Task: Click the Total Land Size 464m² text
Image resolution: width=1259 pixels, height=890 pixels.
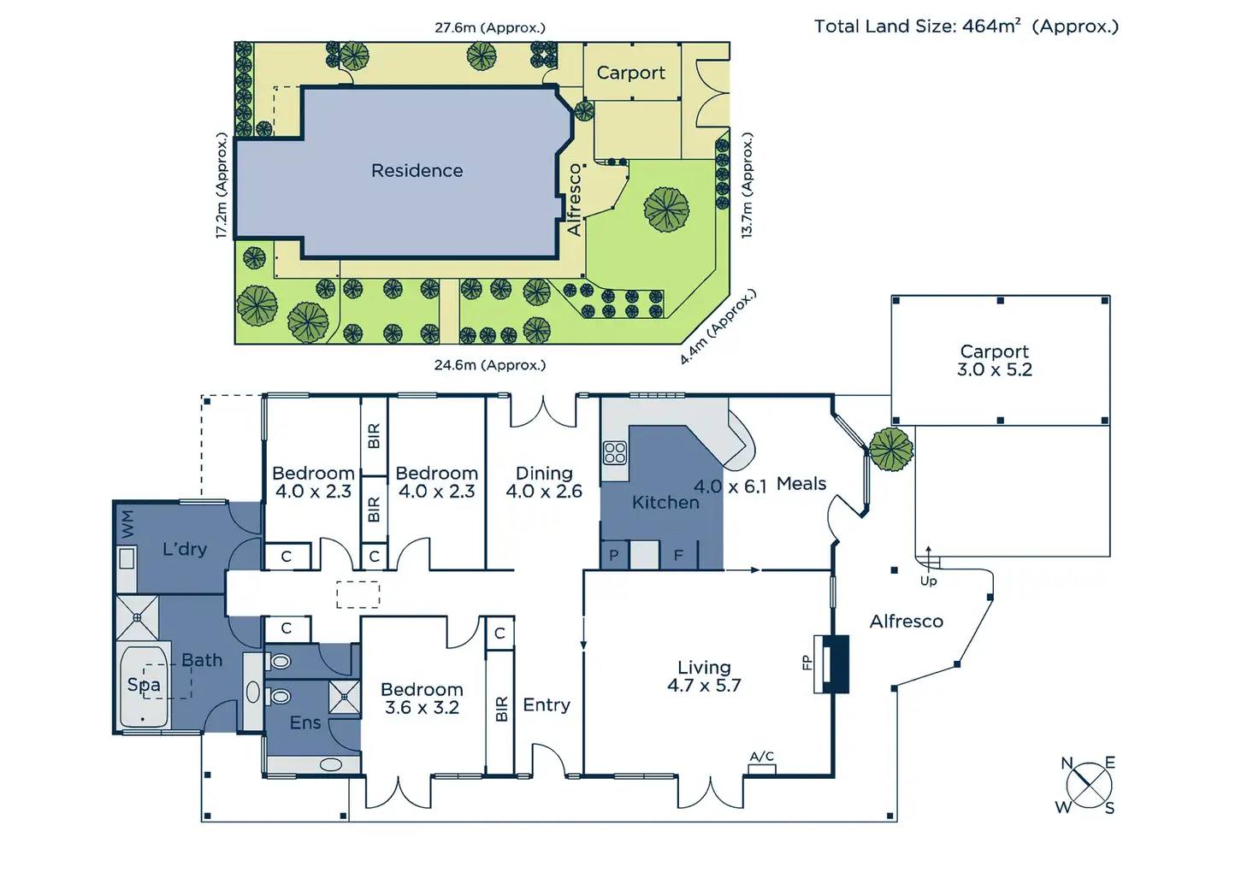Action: point(966,27)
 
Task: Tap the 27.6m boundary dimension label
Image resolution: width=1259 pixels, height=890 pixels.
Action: point(489,27)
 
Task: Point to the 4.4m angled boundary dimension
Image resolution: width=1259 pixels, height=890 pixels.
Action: point(718,328)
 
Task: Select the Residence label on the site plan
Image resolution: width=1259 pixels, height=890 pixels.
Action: point(417,171)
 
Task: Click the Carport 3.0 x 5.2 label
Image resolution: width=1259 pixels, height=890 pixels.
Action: point(994,361)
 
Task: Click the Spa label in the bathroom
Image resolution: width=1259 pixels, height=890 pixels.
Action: point(144,685)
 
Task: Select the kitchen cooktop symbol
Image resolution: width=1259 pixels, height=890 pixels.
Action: point(615,452)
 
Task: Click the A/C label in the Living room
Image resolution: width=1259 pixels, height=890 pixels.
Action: point(761,757)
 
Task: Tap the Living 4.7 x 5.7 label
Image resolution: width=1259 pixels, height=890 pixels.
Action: point(704,676)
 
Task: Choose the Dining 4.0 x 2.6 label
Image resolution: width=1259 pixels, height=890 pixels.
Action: point(544,482)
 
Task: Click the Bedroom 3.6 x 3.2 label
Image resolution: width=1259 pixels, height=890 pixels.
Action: point(422,698)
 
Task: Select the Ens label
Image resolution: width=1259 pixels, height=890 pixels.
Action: point(304,723)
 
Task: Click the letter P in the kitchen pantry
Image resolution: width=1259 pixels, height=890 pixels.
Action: point(613,556)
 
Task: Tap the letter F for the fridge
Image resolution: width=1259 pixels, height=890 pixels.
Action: point(678,556)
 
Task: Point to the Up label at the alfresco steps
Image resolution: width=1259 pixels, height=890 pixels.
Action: point(928,581)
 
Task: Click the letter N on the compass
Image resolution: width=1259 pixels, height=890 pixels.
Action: point(1067,763)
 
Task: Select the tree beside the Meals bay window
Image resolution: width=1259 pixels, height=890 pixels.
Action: point(890,450)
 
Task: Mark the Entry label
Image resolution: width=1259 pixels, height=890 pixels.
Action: point(547,705)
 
